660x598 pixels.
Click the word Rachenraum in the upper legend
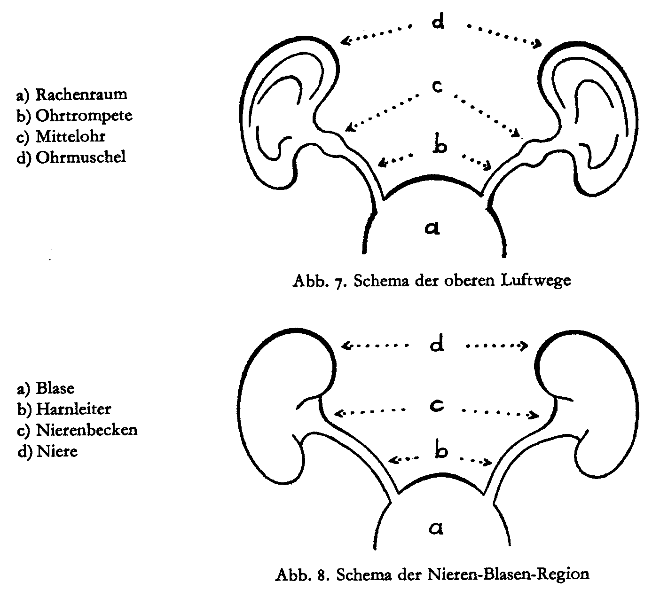click(x=81, y=94)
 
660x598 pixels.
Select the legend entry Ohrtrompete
click(x=84, y=116)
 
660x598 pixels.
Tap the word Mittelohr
click(x=71, y=136)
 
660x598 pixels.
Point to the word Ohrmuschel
click(x=81, y=157)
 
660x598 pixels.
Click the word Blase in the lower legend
click(x=55, y=389)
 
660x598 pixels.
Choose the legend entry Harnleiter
click(x=74, y=409)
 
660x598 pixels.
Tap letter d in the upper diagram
click(x=438, y=22)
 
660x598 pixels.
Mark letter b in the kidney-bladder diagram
click(x=441, y=452)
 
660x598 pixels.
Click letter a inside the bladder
click(x=436, y=529)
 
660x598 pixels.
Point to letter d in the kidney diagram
click(x=437, y=346)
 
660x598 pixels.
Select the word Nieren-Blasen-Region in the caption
click(x=509, y=574)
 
